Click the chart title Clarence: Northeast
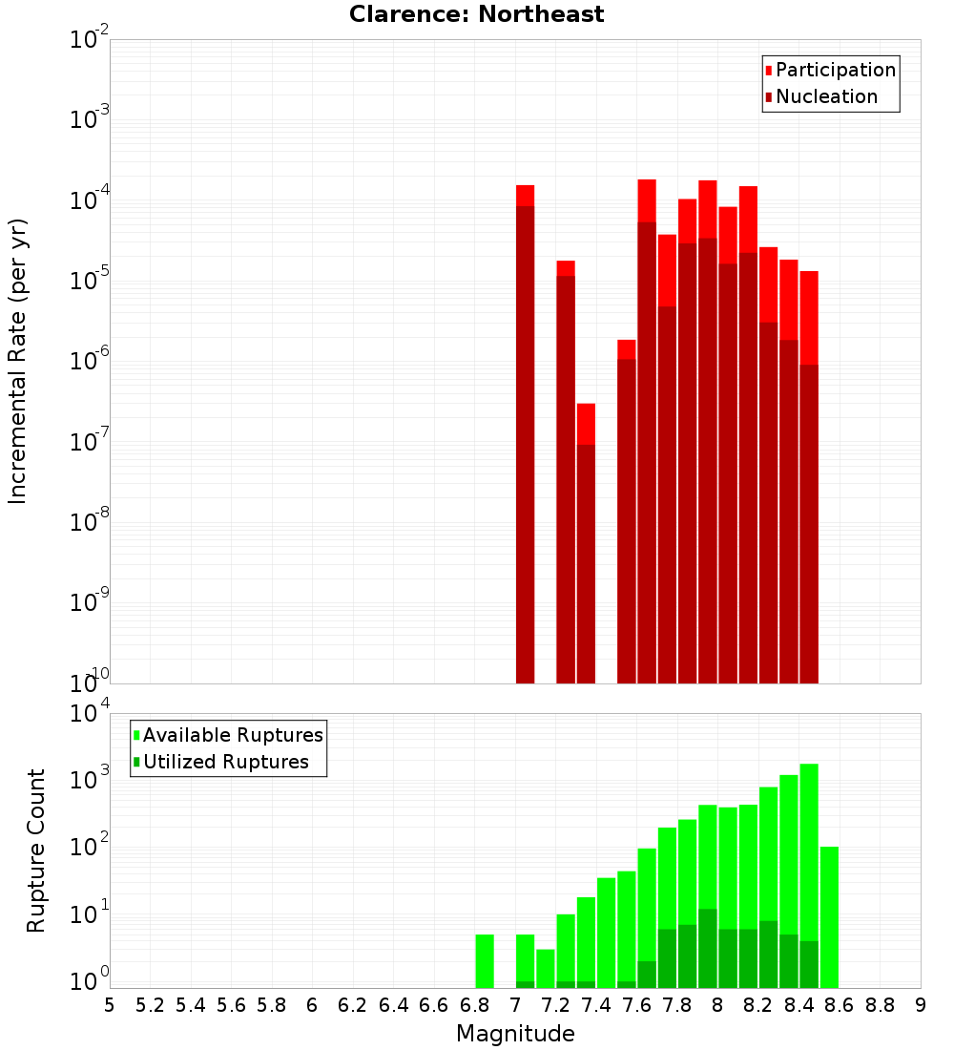pos(476,14)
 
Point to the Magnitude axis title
pos(515,1034)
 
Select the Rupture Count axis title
pos(36,850)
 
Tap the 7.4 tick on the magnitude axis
pos(596,1005)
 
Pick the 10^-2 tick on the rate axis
pos(90,41)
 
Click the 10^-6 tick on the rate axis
pos(90,362)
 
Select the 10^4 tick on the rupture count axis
pos(90,714)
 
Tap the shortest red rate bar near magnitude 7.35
pos(586,544)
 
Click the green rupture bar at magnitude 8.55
pos(829,917)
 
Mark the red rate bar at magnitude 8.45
pos(809,477)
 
